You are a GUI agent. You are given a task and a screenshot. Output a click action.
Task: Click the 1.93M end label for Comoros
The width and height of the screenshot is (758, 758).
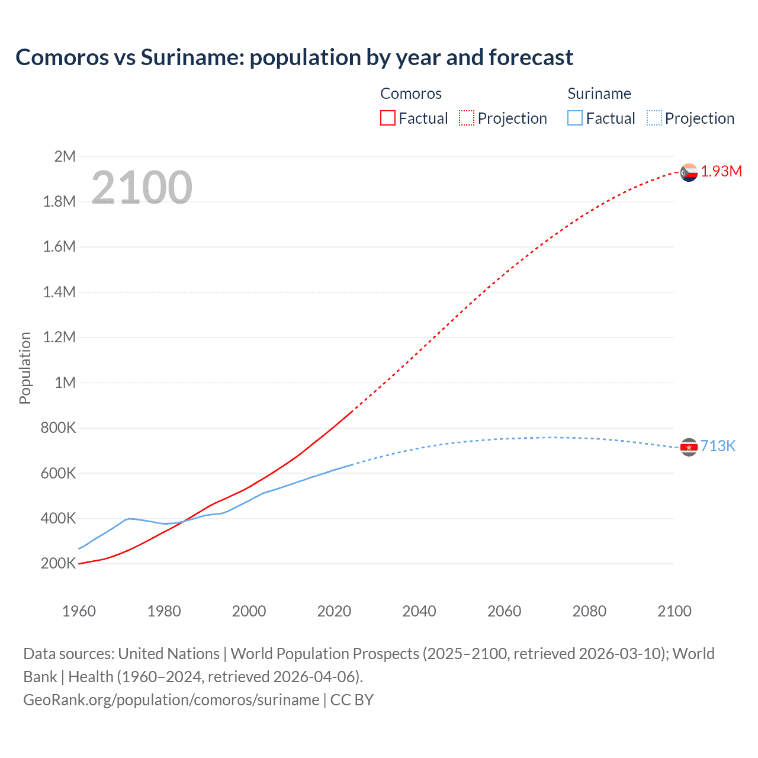tap(721, 171)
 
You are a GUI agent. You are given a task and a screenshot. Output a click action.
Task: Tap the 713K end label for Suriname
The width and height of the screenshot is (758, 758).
tap(718, 446)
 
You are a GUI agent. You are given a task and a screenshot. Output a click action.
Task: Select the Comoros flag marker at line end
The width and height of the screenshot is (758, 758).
tap(689, 172)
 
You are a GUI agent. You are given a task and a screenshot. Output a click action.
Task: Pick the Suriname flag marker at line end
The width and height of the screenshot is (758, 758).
tap(689, 447)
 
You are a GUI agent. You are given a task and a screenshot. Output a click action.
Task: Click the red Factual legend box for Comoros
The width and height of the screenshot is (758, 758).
tap(387, 118)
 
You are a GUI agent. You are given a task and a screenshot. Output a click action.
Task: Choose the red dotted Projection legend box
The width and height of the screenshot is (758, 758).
tap(467, 118)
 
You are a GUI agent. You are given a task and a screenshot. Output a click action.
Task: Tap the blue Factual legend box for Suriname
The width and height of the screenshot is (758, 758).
tap(575, 118)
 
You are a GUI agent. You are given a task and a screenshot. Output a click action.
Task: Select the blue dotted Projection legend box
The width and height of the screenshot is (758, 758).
tap(654, 118)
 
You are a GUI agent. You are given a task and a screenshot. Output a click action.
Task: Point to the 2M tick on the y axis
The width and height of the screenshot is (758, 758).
tap(65, 156)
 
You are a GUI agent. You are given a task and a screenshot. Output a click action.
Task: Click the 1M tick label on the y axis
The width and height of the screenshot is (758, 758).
tap(65, 383)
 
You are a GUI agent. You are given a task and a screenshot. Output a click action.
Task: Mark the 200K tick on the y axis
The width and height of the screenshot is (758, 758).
tap(58, 563)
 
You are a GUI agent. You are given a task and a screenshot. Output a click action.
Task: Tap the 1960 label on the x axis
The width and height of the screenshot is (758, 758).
tap(79, 611)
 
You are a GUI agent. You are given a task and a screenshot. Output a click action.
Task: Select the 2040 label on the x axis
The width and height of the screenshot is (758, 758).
tap(419, 611)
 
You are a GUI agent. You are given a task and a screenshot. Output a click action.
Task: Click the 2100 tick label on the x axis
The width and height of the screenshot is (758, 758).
tap(674, 611)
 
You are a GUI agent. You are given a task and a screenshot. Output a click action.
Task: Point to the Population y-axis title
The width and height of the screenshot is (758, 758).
tap(25, 368)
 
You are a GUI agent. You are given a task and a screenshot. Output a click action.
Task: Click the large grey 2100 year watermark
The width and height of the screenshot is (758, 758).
tap(142, 188)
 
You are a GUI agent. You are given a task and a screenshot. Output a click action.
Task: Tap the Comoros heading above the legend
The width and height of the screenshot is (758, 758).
tap(410, 94)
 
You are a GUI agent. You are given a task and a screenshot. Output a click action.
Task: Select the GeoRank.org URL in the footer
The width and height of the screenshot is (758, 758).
tap(171, 699)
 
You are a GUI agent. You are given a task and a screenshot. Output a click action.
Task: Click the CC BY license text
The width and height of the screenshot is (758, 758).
tap(352, 699)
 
